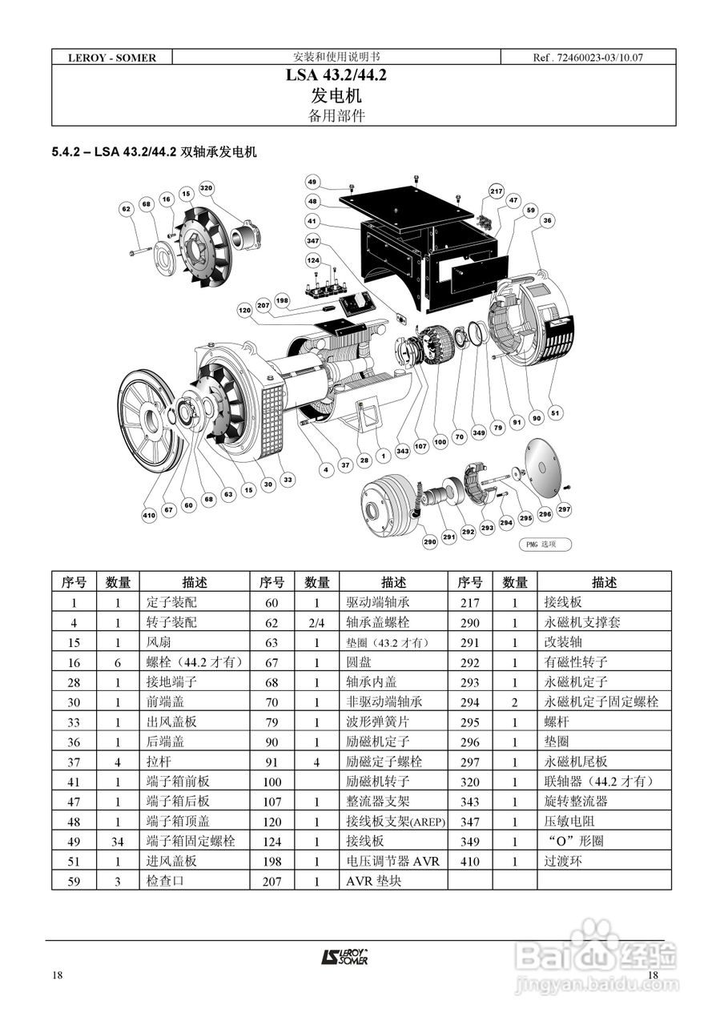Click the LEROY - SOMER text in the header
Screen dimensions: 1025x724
[111, 58]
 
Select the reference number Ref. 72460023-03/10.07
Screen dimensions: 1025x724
[588, 58]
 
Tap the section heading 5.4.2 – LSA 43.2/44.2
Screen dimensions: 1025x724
[154, 151]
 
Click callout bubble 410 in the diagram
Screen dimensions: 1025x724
[149, 516]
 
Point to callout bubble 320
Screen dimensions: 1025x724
[207, 189]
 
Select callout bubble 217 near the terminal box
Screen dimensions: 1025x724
[497, 191]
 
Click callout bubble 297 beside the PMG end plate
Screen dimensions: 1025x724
[564, 509]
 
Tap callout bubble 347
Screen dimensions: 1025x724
[313, 240]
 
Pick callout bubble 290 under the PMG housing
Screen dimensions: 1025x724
[429, 542]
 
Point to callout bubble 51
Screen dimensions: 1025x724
[556, 413]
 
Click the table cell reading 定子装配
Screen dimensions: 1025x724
[171, 603]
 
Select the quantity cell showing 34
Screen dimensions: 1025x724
[119, 841]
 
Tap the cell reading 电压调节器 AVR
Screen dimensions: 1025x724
[392, 861]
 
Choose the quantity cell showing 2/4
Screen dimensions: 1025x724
[316, 623]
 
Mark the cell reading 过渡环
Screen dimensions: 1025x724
[560, 861]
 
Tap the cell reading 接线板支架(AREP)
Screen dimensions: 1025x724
[395, 822]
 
